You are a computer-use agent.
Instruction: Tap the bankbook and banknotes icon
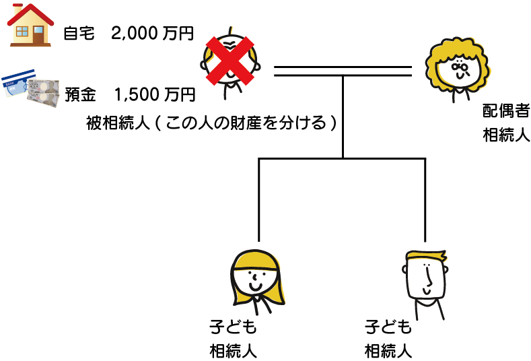coord(31,88)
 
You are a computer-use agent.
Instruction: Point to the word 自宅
coord(81,32)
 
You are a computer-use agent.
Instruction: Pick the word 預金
coord(81,94)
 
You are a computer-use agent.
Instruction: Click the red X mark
coord(229,61)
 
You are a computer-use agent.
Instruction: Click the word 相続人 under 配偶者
coord(505,133)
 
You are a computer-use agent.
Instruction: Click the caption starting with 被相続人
coord(211,123)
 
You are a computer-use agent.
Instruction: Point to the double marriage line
coord(343,71)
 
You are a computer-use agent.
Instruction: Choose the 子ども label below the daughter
coord(233,328)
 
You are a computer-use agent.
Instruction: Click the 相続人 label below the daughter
coord(233,350)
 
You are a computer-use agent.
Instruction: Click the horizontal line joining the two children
coord(343,159)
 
